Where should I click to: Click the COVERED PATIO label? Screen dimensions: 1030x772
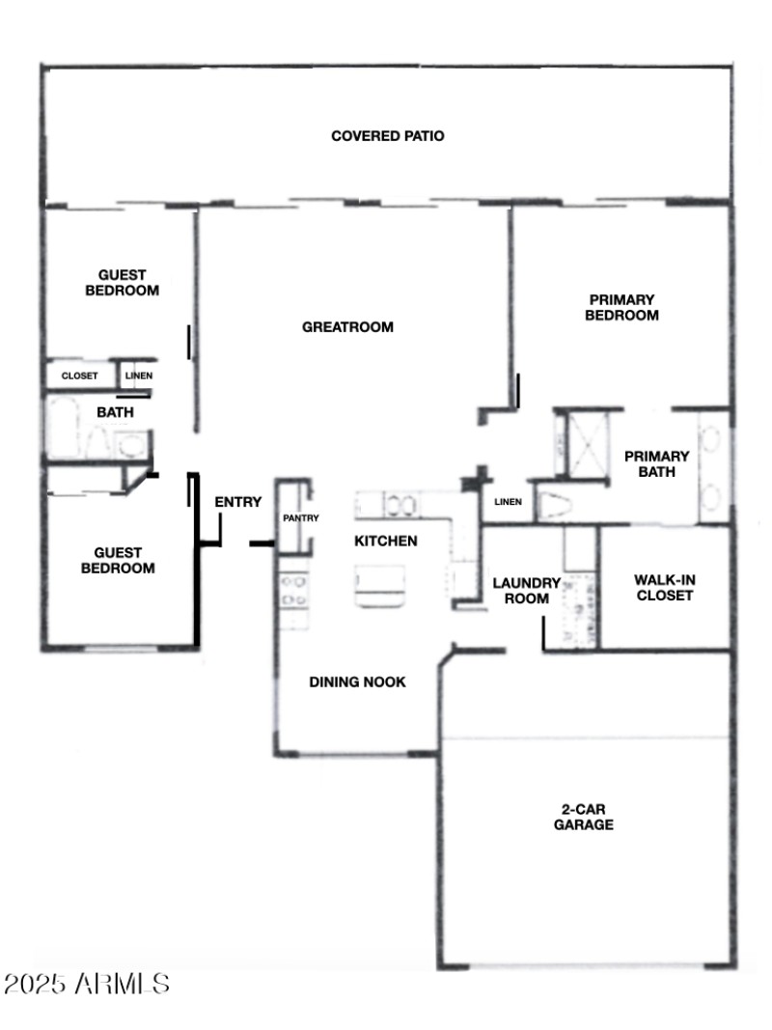point(387,136)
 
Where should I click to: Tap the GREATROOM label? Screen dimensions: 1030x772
point(347,327)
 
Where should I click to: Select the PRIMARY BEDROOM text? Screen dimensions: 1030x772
point(621,308)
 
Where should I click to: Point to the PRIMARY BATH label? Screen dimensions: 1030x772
point(656,464)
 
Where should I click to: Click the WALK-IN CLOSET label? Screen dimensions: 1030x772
point(663,588)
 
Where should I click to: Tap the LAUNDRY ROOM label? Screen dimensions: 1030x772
point(526,591)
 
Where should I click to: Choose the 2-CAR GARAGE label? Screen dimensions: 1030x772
point(583,818)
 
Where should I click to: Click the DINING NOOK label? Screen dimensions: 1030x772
point(357,682)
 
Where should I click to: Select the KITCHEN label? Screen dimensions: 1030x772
point(386,541)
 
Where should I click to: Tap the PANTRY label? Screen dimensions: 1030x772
point(294,518)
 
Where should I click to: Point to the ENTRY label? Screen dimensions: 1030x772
point(237,502)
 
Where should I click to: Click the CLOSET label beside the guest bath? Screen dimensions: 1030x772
point(79,376)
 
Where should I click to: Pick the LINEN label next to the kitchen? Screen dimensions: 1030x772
point(508,502)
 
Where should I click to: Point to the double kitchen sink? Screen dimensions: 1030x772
point(401,505)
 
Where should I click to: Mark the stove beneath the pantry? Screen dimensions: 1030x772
point(293,590)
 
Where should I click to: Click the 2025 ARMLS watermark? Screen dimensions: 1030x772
point(87,985)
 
